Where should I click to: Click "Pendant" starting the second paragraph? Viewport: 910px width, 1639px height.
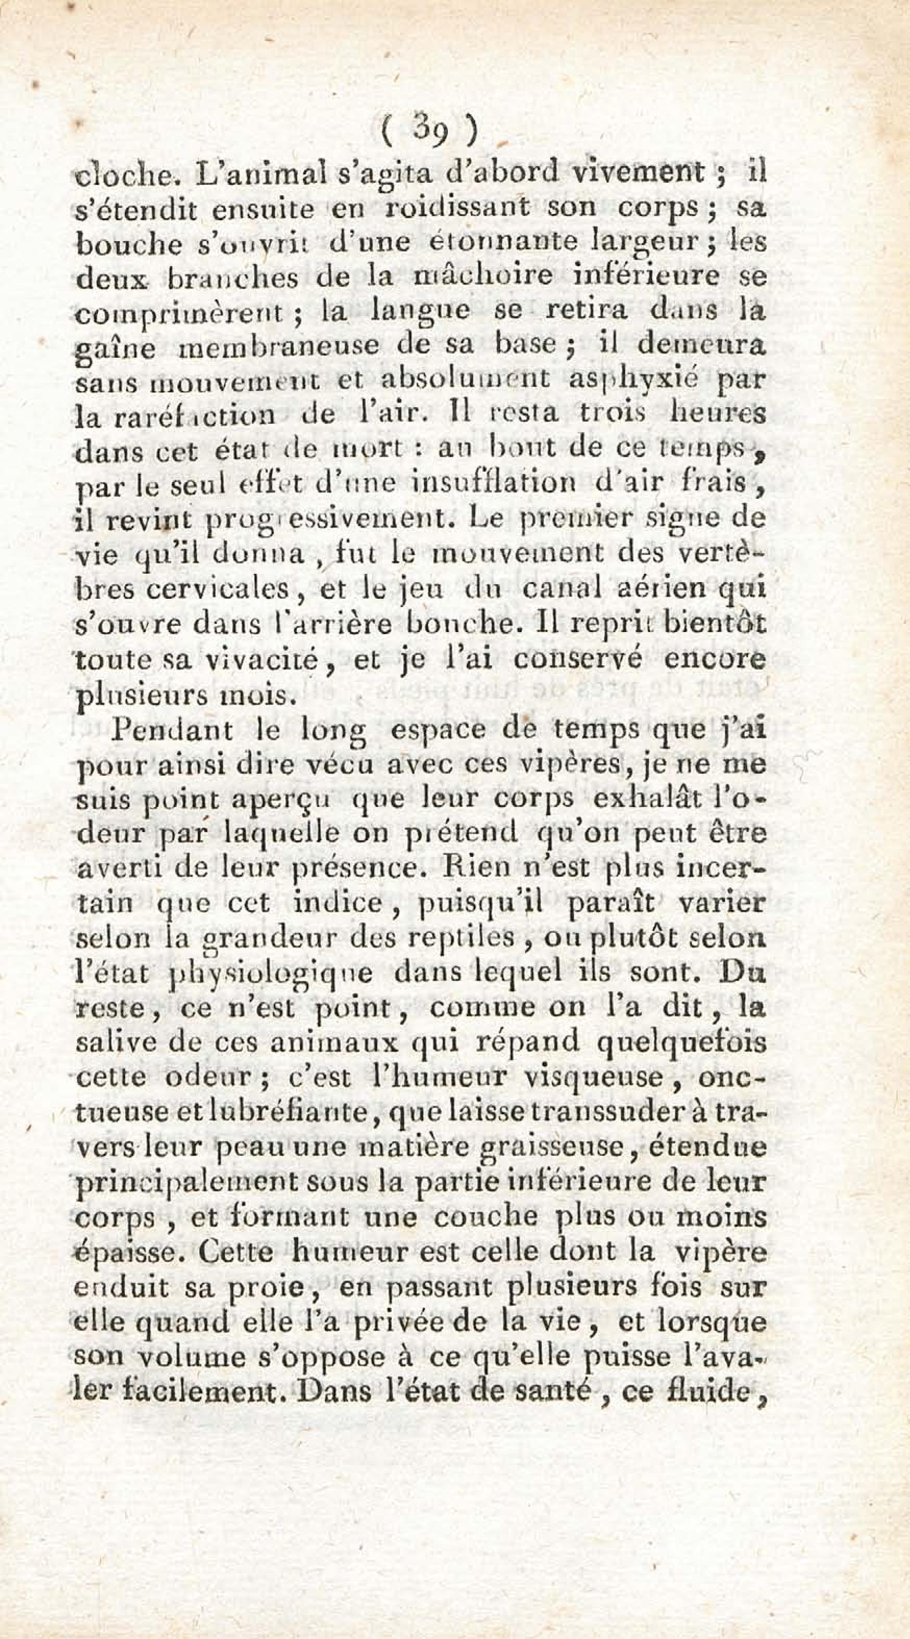pos(164,730)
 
